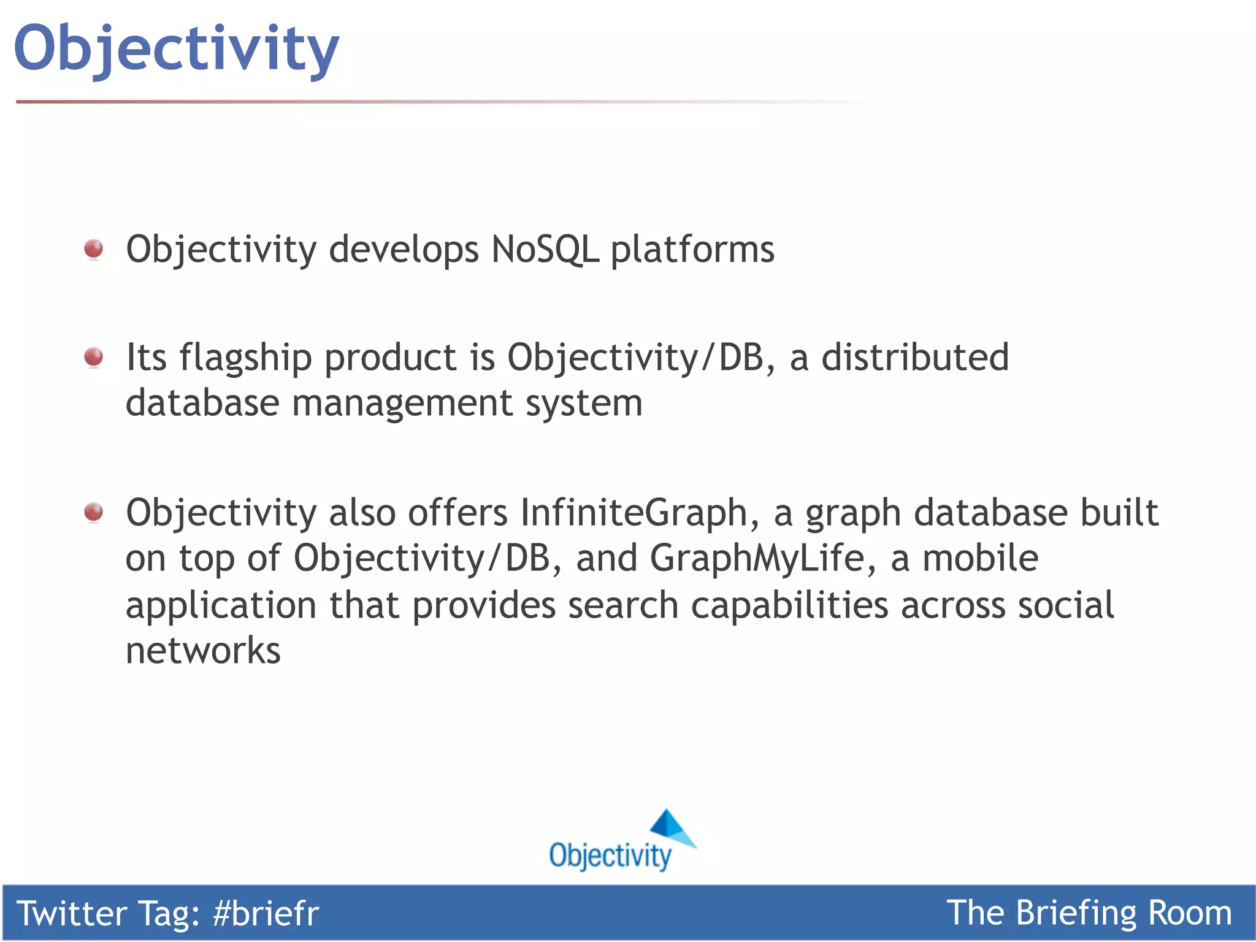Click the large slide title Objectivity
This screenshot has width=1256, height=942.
tap(177, 49)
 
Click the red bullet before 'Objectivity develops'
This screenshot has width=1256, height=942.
tap(94, 249)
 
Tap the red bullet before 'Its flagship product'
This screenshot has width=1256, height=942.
tap(94, 356)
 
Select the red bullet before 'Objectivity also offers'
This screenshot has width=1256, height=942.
tap(94, 511)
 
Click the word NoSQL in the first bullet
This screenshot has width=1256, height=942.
tap(545, 250)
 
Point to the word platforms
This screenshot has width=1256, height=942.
tap(692, 251)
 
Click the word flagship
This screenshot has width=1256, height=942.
tap(245, 358)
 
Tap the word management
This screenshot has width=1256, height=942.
tap(402, 404)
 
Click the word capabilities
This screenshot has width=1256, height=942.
tap(789, 606)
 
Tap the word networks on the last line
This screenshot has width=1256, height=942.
tap(203, 651)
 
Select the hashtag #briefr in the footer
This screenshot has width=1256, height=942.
tap(266, 913)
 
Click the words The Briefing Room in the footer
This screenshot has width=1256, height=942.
tap(1089, 913)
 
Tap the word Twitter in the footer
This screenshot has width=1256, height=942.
tap(71, 913)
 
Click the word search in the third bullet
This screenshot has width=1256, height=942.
tap(622, 605)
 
